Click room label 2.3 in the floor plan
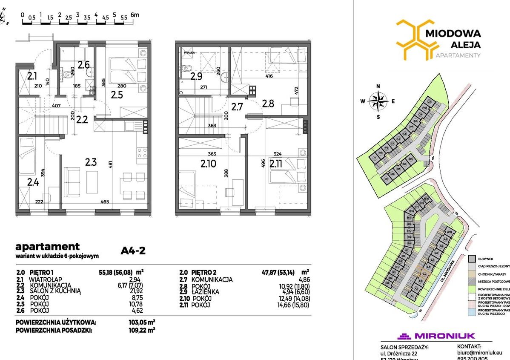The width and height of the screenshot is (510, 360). point(91,162)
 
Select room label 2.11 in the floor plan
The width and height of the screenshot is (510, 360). point(276,164)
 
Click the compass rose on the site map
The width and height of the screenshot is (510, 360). point(377,101)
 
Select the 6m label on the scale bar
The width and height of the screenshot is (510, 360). point(135,14)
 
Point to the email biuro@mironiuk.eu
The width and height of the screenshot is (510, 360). point(480,353)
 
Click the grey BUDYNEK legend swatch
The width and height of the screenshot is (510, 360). point(471,259)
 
